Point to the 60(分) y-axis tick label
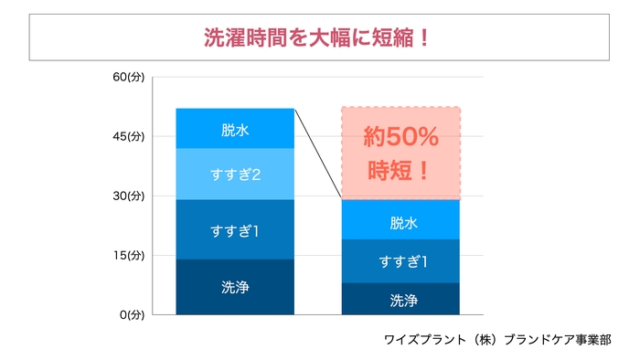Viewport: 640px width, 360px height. coord(130,77)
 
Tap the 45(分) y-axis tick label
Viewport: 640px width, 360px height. coord(130,136)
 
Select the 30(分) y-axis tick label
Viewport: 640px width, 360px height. coord(130,196)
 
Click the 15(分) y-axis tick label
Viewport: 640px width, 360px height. coord(130,255)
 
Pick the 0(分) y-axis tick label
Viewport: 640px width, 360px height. coord(133,314)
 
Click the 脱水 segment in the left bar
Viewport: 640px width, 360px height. coord(235,129)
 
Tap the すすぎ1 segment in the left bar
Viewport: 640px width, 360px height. coord(235,230)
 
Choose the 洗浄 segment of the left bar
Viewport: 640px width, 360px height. coord(235,287)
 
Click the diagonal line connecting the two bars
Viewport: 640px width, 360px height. coord(317,154)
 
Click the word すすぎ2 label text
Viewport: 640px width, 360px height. coord(235,174)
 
